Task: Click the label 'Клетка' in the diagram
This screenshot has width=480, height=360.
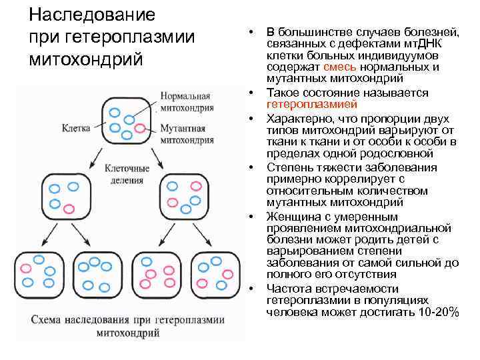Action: point(75,125)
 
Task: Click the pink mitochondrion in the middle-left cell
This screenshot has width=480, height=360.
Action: point(67,209)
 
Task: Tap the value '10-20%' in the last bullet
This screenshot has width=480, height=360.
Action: point(436,312)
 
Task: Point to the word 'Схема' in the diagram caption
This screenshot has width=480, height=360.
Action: point(50,318)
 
